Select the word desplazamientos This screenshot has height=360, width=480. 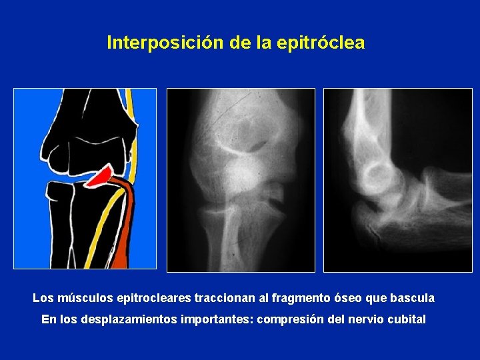pyautogui.click(x=125, y=319)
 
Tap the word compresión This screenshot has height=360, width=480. pyautogui.click(x=288, y=319)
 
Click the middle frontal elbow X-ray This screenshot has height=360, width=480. pyautogui.click(x=240, y=180)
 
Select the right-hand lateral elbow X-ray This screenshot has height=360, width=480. pyautogui.click(x=397, y=180)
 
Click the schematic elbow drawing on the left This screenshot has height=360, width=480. pyautogui.click(x=85, y=179)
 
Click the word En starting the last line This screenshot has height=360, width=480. pyautogui.click(x=49, y=319)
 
